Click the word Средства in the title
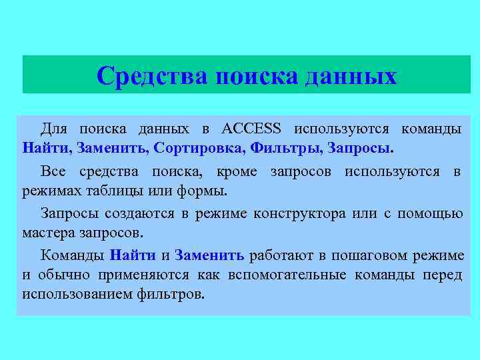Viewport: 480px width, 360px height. tap(153, 75)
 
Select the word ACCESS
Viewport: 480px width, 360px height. tap(251, 128)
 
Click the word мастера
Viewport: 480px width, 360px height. tap(47, 234)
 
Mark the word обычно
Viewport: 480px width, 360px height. tap(62, 275)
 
